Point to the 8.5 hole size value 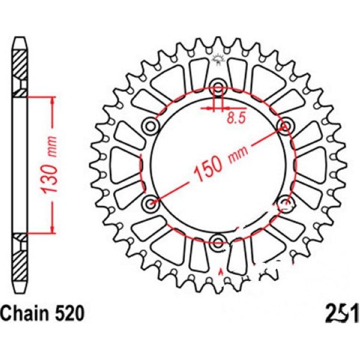click(236, 118)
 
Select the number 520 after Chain click(64, 313)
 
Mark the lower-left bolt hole click(149, 201)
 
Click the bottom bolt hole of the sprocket click(217, 242)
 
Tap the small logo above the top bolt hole click(217, 58)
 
